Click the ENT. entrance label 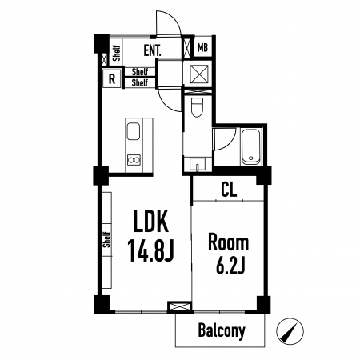point(152,50)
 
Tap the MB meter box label point(202,48)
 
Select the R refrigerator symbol point(112,78)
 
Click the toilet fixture point(198,107)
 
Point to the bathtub point(250,146)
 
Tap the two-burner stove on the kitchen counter point(134,160)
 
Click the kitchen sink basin point(134,131)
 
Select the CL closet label point(229,190)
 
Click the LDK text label point(151,221)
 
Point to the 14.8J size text point(151,250)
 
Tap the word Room point(228,242)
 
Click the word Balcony point(222,330)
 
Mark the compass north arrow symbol point(290,331)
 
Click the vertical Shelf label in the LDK point(106,239)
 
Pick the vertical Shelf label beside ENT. point(117,53)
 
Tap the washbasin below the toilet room point(198,163)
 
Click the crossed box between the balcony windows point(180,306)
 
